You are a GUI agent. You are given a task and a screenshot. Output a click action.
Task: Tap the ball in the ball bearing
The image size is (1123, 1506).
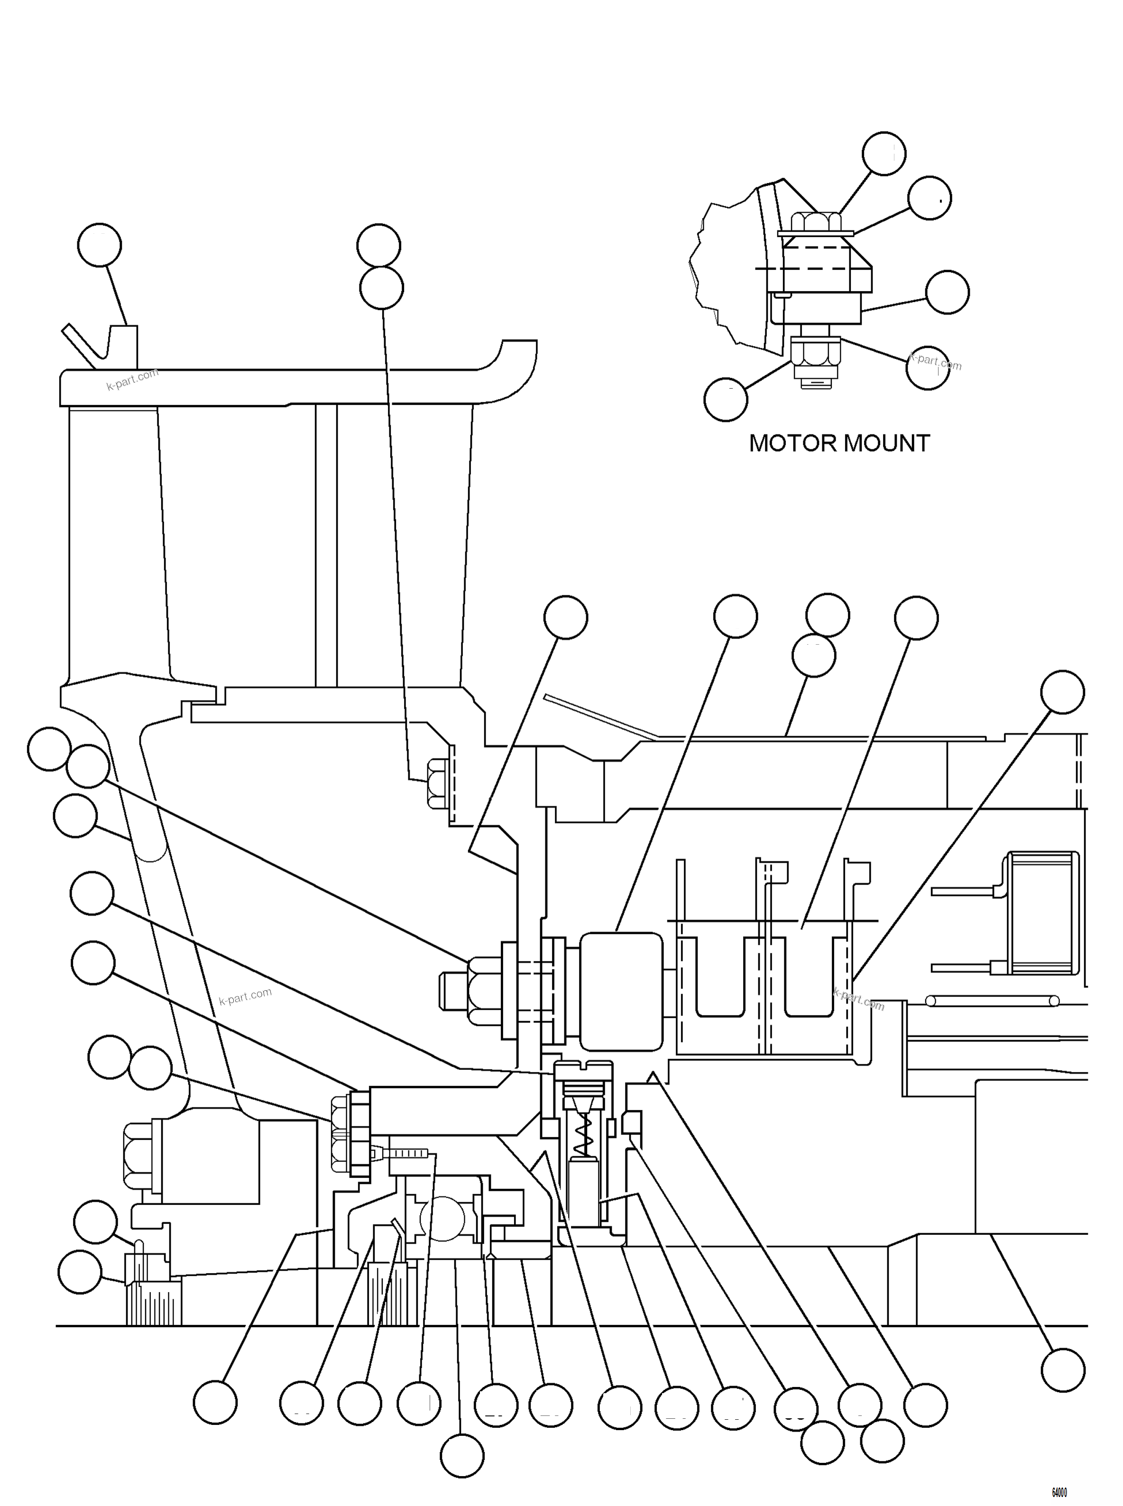click(x=442, y=1218)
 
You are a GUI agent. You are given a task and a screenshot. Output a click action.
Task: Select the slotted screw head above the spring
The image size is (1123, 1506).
click(x=583, y=1071)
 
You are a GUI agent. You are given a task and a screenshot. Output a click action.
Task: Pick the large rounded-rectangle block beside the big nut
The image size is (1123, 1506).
click(x=621, y=990)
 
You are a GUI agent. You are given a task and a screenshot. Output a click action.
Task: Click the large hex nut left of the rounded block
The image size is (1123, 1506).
click(x=484, y=990)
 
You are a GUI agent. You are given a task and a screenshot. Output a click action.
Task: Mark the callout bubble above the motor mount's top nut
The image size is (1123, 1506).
click(x=884, y=154)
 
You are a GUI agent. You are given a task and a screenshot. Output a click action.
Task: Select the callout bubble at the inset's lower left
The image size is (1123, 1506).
click(x=726, y=400)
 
